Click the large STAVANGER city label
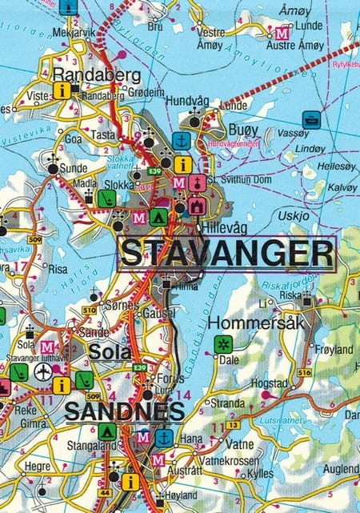coord(226,254)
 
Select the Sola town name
coord(110,352)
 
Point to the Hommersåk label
coord(247,323)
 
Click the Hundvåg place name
coord(188,101)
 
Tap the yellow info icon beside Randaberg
coord(62,90)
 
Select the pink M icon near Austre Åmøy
coord(281,34)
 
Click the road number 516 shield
coord(304,373)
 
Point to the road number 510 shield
coord(89,309)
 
